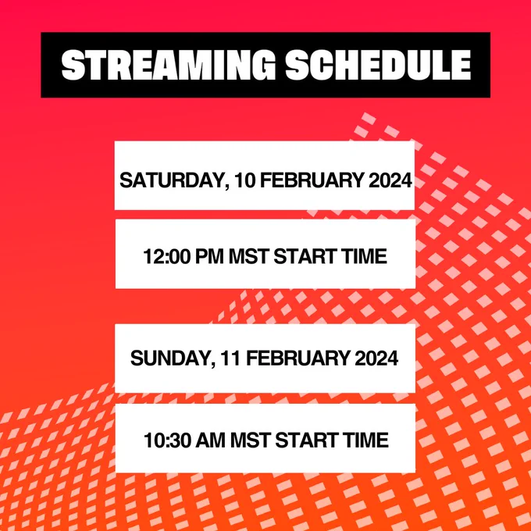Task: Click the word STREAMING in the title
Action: (169, 65)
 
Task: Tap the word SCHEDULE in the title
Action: (378, 65)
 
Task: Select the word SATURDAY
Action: (173, 180)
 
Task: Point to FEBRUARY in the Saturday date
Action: (312, 180)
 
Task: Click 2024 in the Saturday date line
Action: (390, 180)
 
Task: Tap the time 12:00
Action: (166, 256)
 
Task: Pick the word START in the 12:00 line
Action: (305, 256)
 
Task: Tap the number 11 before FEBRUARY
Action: (231, 358)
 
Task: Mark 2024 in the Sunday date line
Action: (376, 358)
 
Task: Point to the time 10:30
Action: (167, 440)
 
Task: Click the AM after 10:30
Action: (211, 440)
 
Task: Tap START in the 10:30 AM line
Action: (306, 440)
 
